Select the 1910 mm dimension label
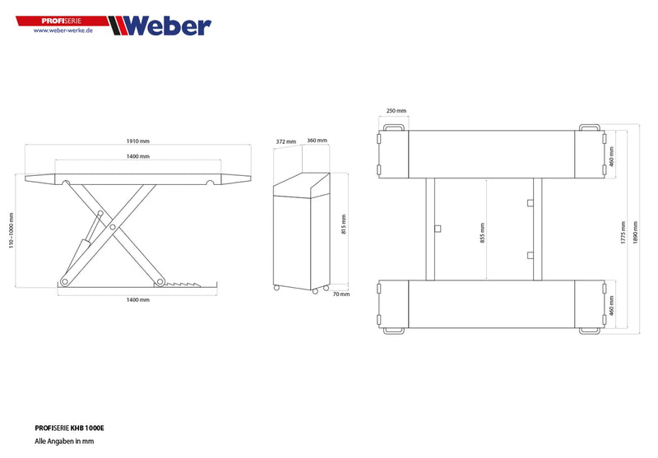(138, 141)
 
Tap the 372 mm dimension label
(285, 141)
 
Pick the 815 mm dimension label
(345, 224)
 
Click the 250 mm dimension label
(396, 111)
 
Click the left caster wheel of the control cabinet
(277, 288)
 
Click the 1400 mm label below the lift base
(138, 300)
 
